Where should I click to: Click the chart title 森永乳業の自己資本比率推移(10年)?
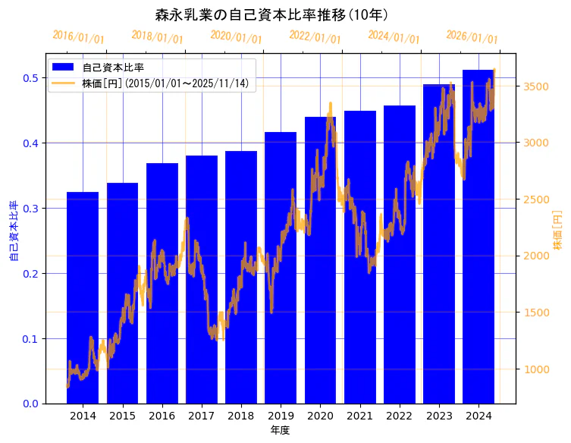tap(271, 14)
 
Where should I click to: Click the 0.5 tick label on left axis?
tap(31, 77)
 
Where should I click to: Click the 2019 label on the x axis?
tap(281, 416)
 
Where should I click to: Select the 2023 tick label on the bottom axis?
tap(439, 416)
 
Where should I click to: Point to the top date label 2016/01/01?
tap(78, 37)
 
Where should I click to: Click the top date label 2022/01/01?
tap(315, 37)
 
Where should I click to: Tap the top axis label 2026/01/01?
tap(472, 37)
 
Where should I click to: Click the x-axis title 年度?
tap(280, 430)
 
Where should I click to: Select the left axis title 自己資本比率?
tap(13, 231)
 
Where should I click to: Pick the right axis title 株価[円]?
tap(557, 231)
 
